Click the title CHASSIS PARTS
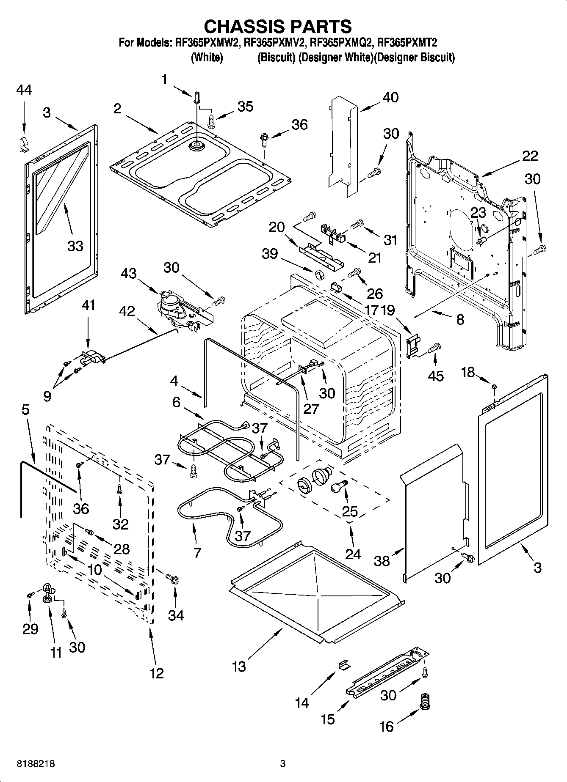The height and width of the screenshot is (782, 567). coord(278,26)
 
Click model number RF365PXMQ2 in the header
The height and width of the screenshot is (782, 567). coord(342,42)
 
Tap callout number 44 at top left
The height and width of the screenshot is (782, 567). coord(24,90)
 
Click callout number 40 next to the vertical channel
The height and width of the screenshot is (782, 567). coord(390,97)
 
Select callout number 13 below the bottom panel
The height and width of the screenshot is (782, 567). coord(239,667)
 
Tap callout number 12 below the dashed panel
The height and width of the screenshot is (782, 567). coord(156,673)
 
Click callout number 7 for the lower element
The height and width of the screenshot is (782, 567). coord(197,552)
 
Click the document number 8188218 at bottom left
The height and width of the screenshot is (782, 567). coord(36,764)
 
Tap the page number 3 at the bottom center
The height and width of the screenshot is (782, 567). coord(283,764)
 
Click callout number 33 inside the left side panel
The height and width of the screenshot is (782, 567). coord(75,245)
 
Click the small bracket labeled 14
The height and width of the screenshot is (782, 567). coord(344,666)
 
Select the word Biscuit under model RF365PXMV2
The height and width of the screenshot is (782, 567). coord(277,58)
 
